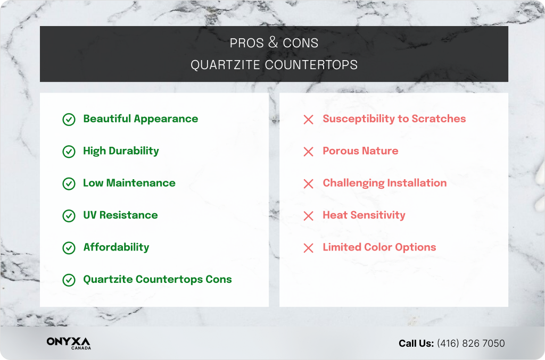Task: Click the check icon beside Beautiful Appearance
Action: (69, 119)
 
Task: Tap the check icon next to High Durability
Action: (69, 152)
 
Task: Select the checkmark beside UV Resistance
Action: (69, 215)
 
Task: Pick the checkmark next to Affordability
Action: (69, 248)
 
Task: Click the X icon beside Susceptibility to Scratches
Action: (308, 120)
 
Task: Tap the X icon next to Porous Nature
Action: (308, 152)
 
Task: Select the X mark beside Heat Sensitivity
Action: (308, 216)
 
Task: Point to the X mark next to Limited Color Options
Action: (308, 248)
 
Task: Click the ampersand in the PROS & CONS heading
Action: (274, 43)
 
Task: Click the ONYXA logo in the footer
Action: (68, 341)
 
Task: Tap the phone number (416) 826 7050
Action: (470, 344)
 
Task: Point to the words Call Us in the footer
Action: (416, 344)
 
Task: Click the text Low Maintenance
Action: (129, 183)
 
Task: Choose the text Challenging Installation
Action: (384, 183)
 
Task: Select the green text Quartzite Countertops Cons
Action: (157, 279)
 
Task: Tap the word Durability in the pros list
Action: (134, 151)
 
